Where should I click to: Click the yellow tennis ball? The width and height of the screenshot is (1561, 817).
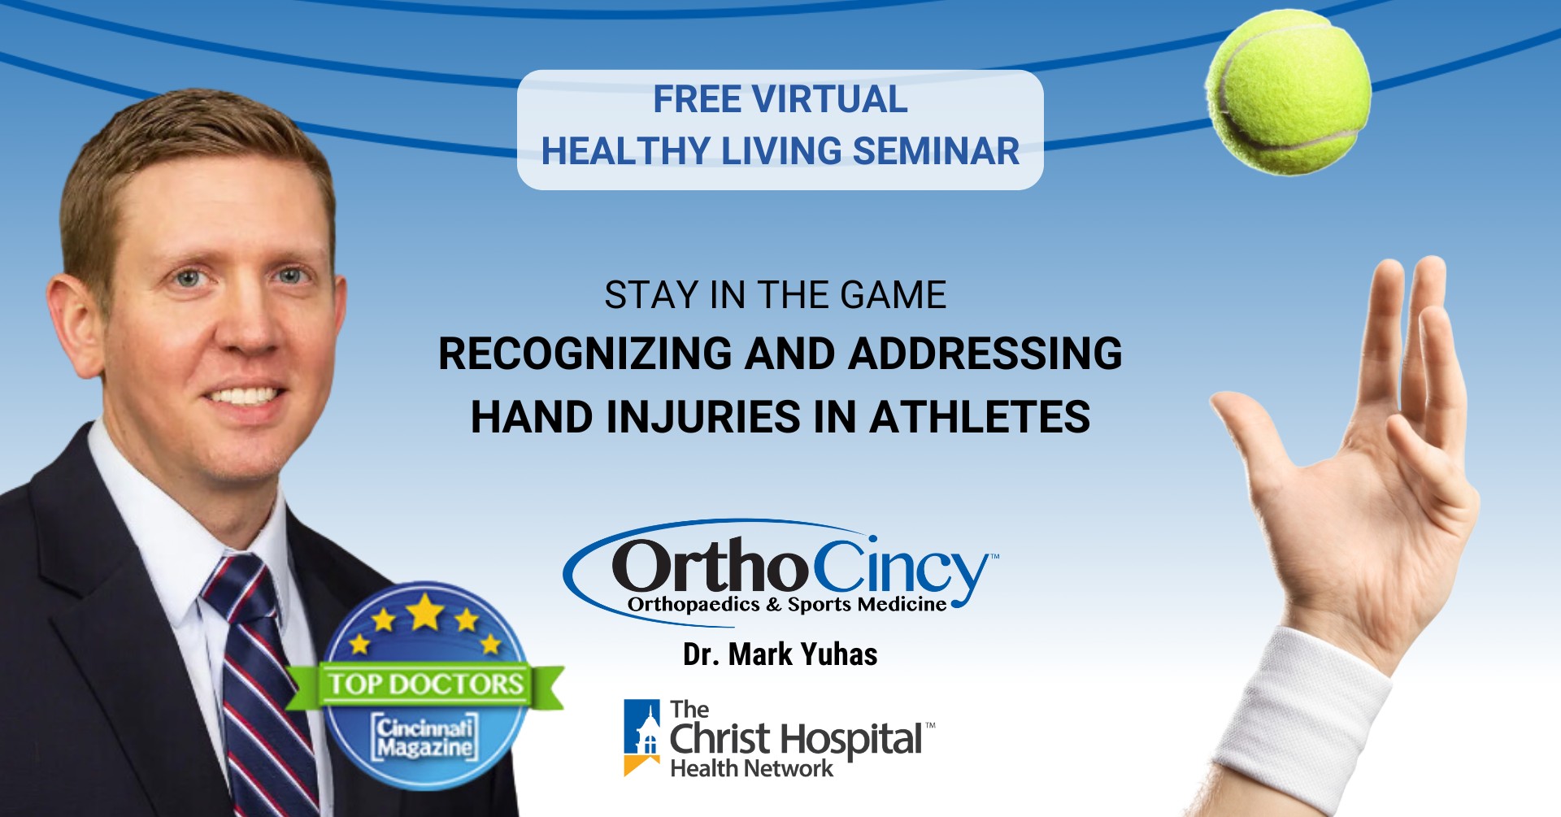coord(1288,92)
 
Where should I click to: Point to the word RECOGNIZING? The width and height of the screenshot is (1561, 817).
coord(585,354)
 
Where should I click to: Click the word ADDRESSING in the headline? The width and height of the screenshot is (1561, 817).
coord(985,354)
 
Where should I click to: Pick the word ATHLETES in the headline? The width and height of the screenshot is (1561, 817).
coord(980,418)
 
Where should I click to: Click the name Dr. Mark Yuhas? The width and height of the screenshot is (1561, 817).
coord(780,654)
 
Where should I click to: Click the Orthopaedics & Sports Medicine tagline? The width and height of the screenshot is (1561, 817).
coord(787,604)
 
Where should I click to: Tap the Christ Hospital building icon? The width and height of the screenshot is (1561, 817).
coord(642,737)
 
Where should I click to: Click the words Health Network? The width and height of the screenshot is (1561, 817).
coord(751,768)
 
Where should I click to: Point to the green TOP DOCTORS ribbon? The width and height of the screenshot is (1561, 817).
coord(425,684)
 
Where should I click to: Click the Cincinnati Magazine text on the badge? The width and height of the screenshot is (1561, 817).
coord(424,737)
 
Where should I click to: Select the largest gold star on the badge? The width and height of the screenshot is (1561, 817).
coord(425,611)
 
